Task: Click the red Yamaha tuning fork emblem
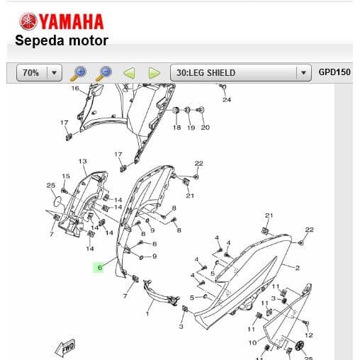pyautogui.click(x=28, y=21)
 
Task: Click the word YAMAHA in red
pyautogui.click(x=71, y=22)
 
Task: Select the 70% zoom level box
pyautogui.click(x=39, y=72)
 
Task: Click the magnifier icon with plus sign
pyautogui.click(x=79, y=74)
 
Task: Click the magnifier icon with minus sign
pyautogui.click(x=104, y=74)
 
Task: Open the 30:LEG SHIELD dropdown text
pyautogui.click(x=206, y=73)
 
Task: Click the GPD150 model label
pyautogui.click(x=334, y=72)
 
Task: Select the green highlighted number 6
pyautogui.click(x=100, y=267)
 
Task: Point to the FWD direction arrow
pyautogui.click(x=65, y=348)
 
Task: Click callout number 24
pyautogui.click(x=227, y=100)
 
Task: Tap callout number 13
pyautogui.click(x=82, y=161)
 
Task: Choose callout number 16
pyautogui.click(x=75, y=89)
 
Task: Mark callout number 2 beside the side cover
pyautogui.click(x=297, y=268)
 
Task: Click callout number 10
pyautogui.click(x=252, y=342)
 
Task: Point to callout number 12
pyautogui.click(x=309, y=335)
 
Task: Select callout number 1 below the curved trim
pyautogui.click(x=147, y=314)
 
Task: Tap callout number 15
pyautogui.click(x=66, y=176)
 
